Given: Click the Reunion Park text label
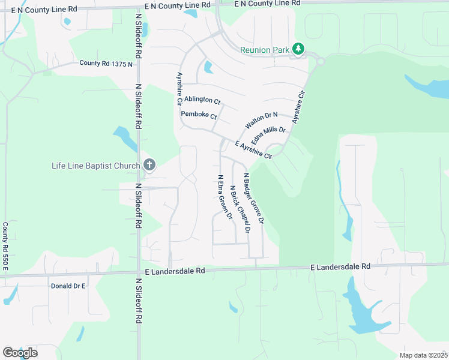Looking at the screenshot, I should pos(265,50).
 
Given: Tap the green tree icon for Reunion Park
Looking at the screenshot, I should pos(298,49).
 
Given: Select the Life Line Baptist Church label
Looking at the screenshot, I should pos(96,165).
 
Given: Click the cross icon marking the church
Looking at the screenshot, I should pos(149,165).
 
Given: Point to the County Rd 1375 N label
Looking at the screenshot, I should pos(106,63).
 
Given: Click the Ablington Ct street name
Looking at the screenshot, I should pos(202,100).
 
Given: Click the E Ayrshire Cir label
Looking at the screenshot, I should pos(254,150).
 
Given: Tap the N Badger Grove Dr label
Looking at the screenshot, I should pos(253,199).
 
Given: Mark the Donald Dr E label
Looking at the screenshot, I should pos(68,286).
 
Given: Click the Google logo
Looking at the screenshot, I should pos(20,352).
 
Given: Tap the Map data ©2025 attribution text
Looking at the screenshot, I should pos(423,355).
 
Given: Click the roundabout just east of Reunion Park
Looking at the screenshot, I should pos(321,61).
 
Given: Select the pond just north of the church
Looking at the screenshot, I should pos(127,137).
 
